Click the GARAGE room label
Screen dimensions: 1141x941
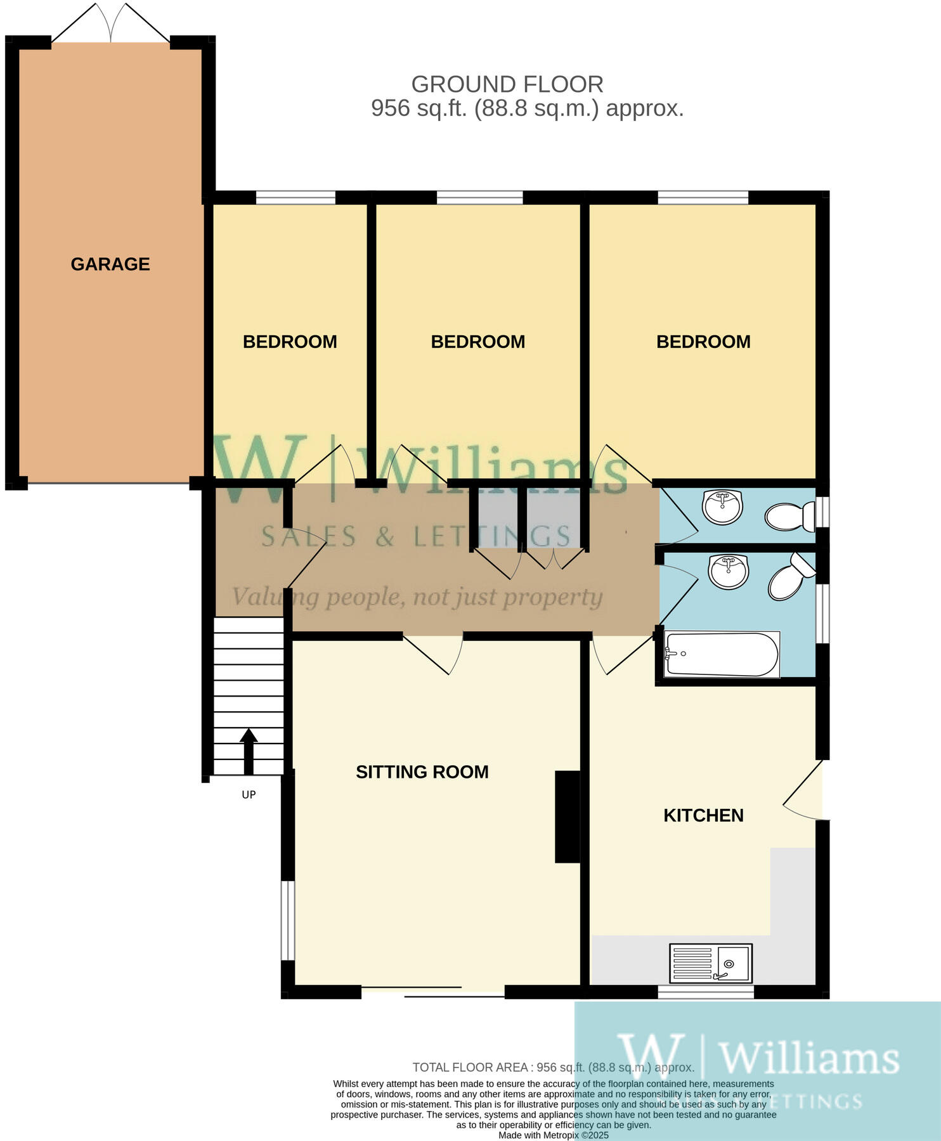(x=110, y=264)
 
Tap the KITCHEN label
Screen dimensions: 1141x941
(x=703, y=815)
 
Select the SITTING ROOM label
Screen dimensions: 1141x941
(x=422, y=772)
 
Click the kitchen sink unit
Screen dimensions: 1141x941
(x=711, y=963)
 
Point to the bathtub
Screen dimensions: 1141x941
(x=722, y=655)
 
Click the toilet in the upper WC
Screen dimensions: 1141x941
(x=790, y=516)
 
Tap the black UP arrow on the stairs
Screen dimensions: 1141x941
(x=249, y=751)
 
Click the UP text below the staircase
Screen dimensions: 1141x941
(x=249, y=795)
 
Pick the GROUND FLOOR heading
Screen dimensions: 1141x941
(x=507, y=84)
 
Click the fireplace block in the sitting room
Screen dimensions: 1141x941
(x=568, y=816)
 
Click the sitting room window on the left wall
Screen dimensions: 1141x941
(x=288, y=920)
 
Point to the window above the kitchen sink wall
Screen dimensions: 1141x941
(x=706, y=992)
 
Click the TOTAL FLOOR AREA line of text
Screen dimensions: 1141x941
(x=553, y=1067)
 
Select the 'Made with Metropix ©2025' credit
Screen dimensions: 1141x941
(x=553, y=1135)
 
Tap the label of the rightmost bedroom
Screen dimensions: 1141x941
(x=703, y=342)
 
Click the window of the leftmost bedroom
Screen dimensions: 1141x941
(x=295, y=198)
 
